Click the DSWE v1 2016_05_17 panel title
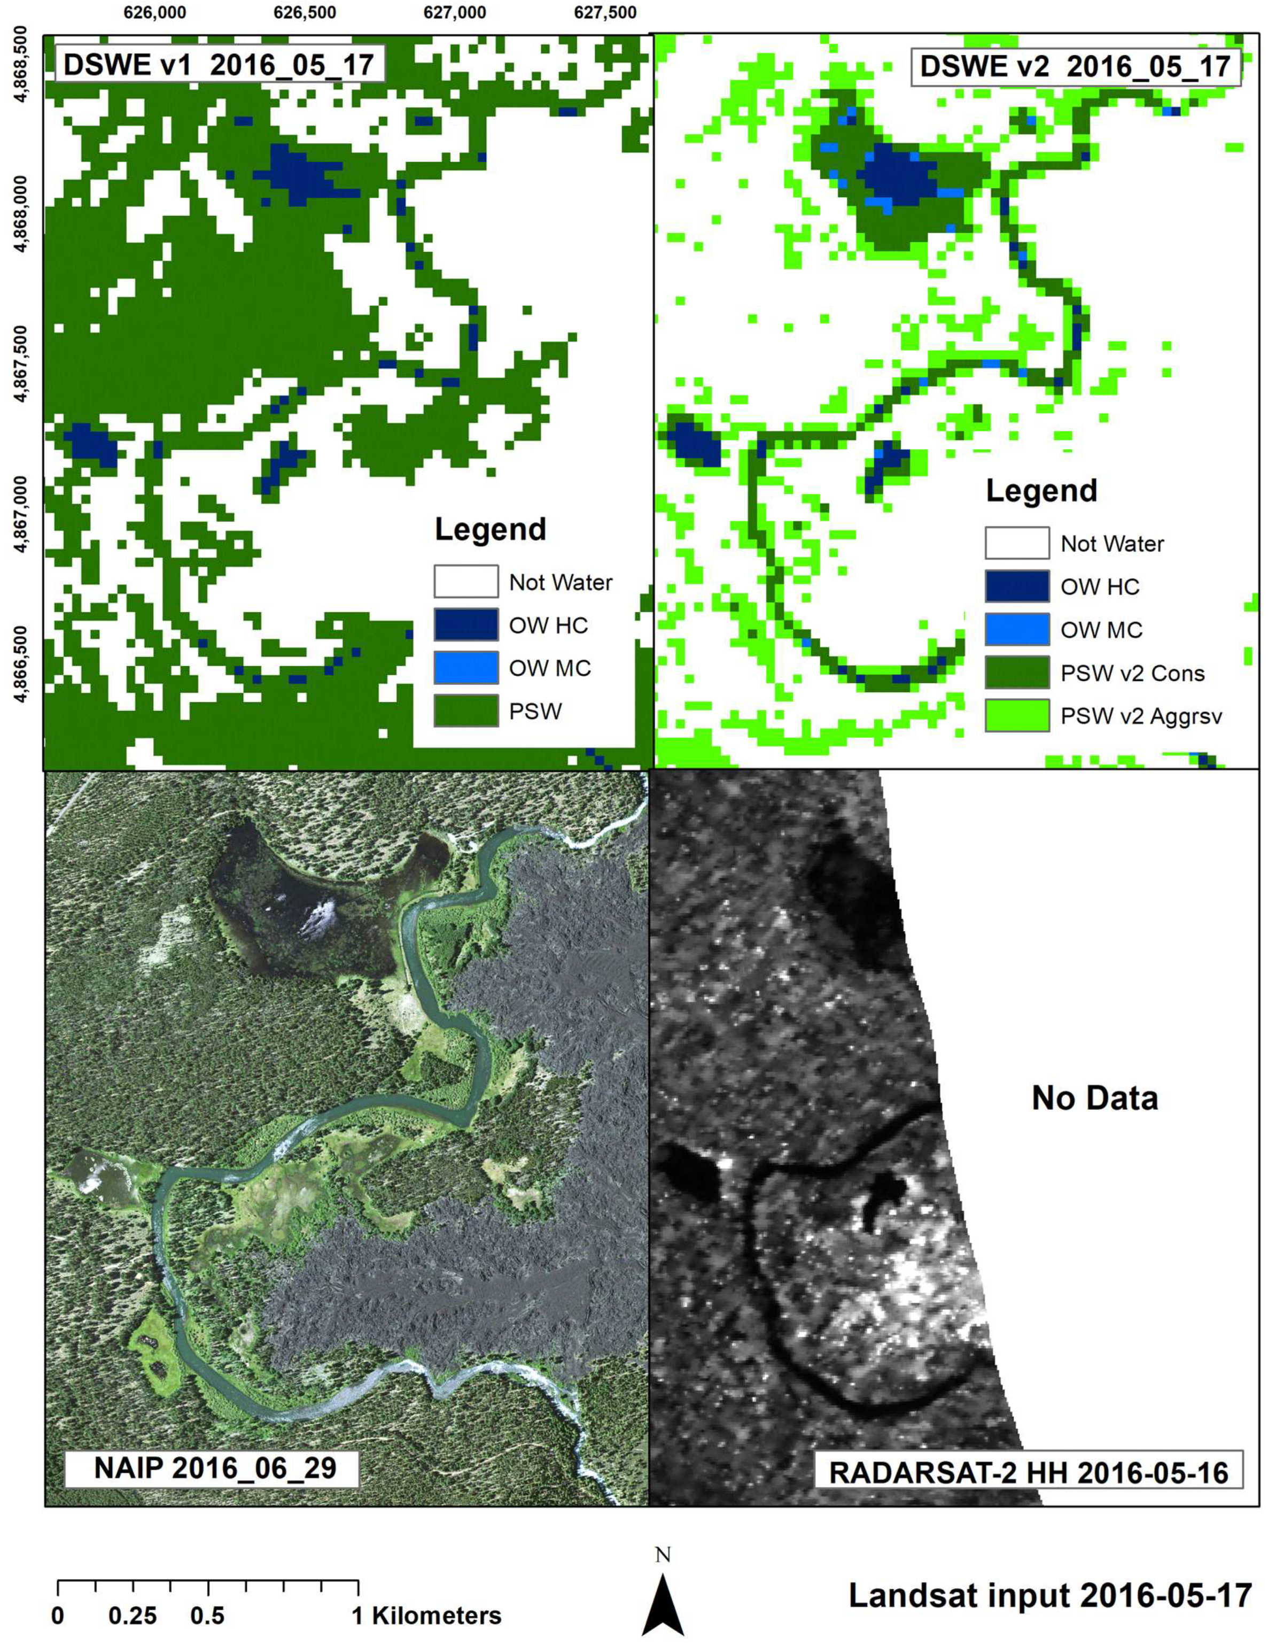point(219,65)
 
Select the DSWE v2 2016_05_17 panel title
point(1075,67)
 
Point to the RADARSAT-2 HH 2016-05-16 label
point(1029,1472)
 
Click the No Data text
point(1094,1098)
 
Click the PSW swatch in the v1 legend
point(465,710)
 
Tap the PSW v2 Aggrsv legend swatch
point(1016,715)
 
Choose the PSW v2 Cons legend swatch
point(1016,673)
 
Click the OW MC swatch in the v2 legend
point(1016,629)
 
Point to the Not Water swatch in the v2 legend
point(1016,543)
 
